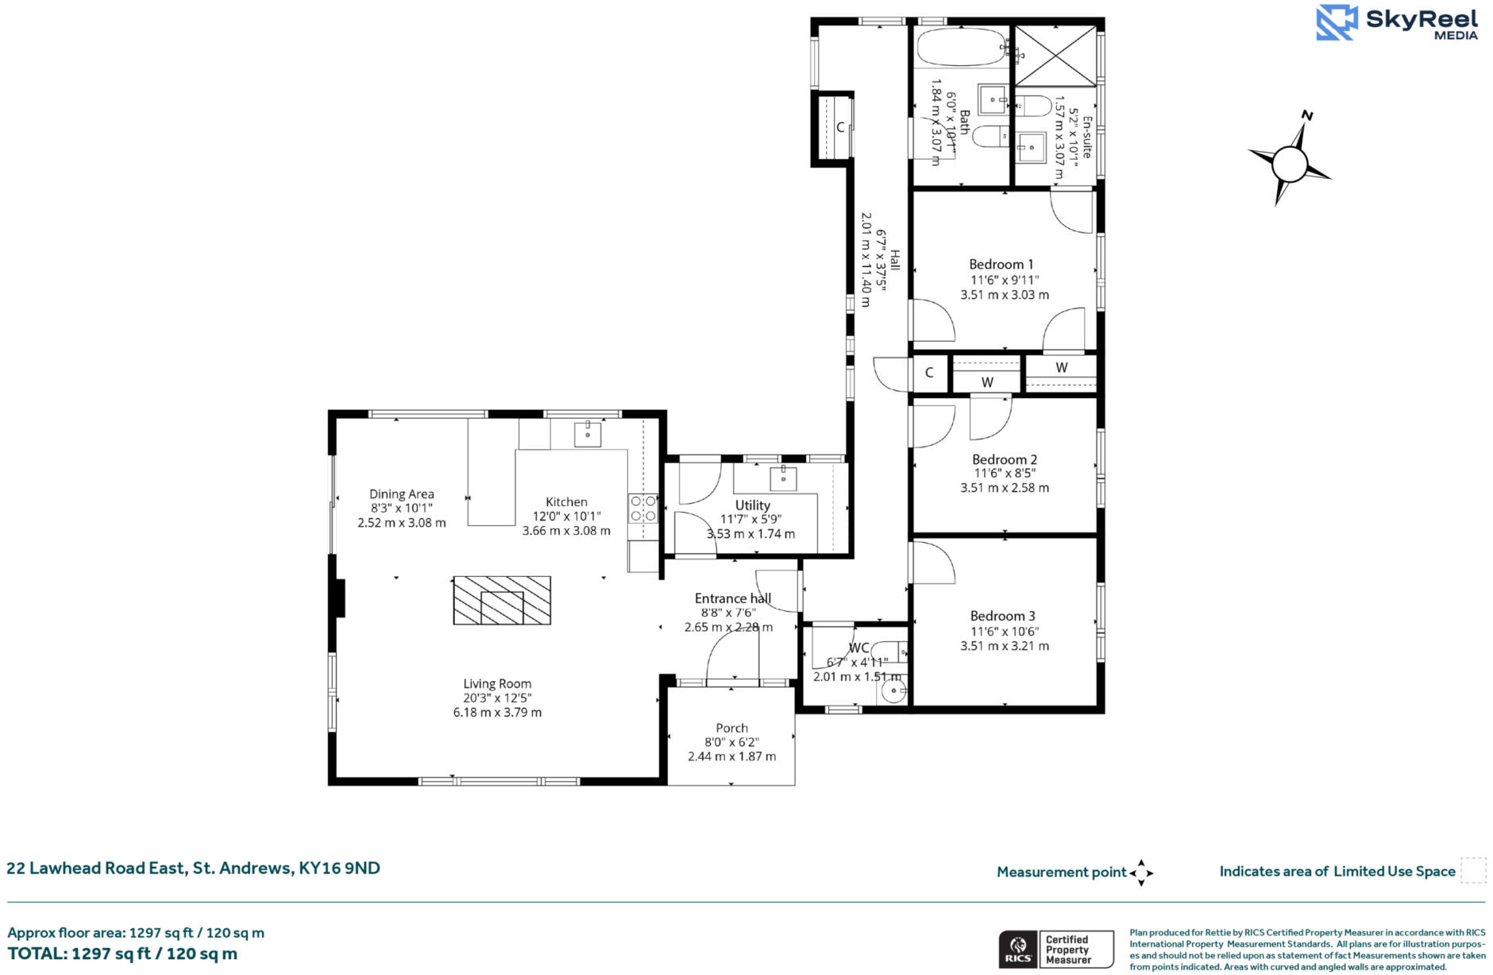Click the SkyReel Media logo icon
(1337, 22)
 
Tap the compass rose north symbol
(1289, 163)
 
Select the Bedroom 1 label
(1001, 265)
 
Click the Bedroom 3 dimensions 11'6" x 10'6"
(1005, 632)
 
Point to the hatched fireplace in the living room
(501, 600)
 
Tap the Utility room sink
(783, 478)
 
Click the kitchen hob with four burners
(643, 509)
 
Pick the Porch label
(731, 728)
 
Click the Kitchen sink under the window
(588, 435)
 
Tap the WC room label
(858, 648)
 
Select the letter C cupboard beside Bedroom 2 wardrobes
(929, 373)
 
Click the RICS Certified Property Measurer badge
(1055, 949)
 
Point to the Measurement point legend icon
(1141, 872)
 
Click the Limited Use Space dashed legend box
(1473, 871)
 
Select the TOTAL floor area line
(122, 954)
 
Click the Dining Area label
(401, 494)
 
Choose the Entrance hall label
(732, 598)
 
